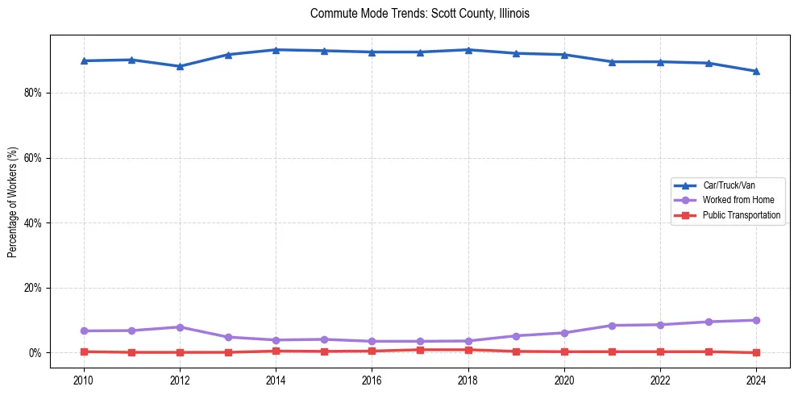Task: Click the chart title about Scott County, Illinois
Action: [x=419, y=14]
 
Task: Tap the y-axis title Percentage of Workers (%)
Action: [x=12, y=202]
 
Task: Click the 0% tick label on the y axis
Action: [x=35, y=353]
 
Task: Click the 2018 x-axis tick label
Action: [x=468, y=380]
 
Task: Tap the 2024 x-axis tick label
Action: [x=756, y=380]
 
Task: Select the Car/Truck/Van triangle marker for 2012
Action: [x=180, y=66]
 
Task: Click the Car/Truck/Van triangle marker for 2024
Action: [x=756, y=71]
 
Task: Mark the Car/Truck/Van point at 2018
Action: [x=468, y=50]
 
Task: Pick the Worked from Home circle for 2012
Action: [x=180, y=327]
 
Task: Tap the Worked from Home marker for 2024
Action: [x=756, y=320]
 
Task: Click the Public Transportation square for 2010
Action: [x=84, y=351]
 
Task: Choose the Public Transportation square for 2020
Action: [x=564, y=351]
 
